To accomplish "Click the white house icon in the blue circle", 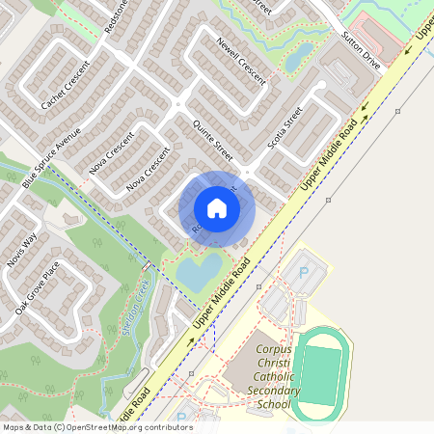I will pos(216,207).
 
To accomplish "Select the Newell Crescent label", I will pos(240,61).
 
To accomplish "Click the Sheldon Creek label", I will pos(136,308).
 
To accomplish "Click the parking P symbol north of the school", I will pos(305,273).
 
